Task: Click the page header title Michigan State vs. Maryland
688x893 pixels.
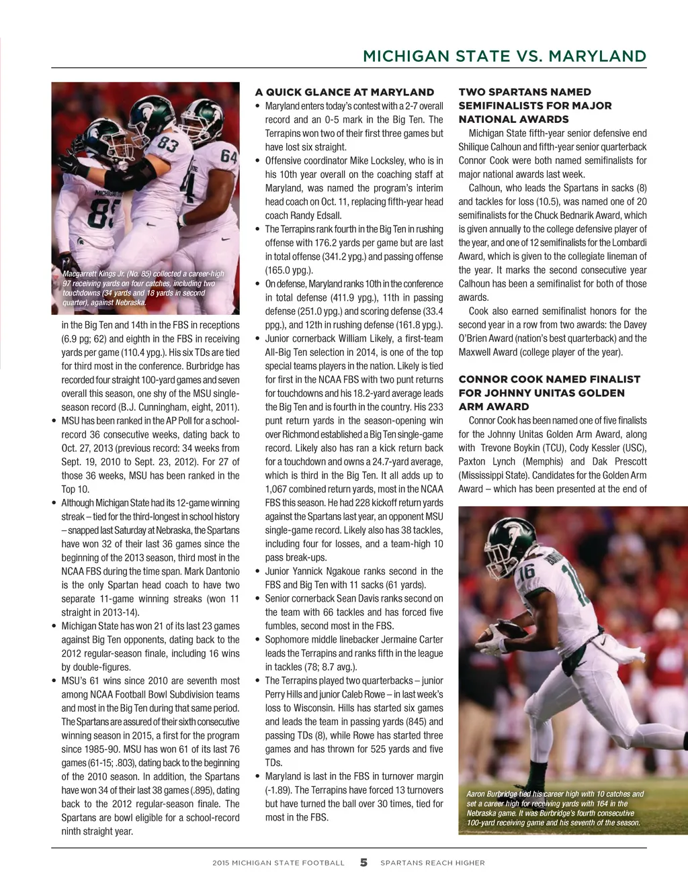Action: pos(504,56)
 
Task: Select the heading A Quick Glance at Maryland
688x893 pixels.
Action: pos(345,92)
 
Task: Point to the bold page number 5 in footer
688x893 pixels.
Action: pos(363,863)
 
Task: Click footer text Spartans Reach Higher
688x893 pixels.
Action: pos(432,863)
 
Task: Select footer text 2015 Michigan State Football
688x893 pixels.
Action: pos(278,863)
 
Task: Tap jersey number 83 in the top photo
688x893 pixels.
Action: pos(168,143)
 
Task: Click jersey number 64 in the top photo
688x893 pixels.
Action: pos(229,157)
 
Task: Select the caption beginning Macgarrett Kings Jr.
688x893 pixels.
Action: pos(143,288)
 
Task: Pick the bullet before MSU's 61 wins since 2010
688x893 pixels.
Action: pos(54,681)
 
